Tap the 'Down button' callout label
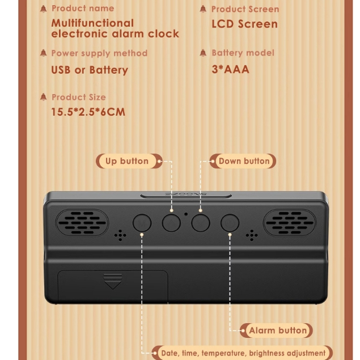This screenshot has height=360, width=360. [x=243, y=161]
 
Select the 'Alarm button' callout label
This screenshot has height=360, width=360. [x=277, y=331]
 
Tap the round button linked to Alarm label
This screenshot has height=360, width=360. [x=230, y=223]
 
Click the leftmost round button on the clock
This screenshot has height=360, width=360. [x=142, y=223]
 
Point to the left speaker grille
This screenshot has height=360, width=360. [x=82, y=222]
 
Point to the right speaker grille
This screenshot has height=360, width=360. [x=290, y=222]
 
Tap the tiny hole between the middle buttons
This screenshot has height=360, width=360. [x=186, y=215]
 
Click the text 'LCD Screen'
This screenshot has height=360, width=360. [x=244, y=24]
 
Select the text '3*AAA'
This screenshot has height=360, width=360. [x=230, y=70]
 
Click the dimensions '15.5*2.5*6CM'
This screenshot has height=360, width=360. [x=88, y=112]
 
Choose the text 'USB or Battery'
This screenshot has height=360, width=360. [x=90, y=70]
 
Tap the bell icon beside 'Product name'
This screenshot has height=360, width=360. [x=43, y=9]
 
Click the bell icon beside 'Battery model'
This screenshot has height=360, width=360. [x=203, y=53]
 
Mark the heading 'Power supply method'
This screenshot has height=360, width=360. [x=99, y=53]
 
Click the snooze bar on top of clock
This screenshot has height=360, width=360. [x=186, y=195]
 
